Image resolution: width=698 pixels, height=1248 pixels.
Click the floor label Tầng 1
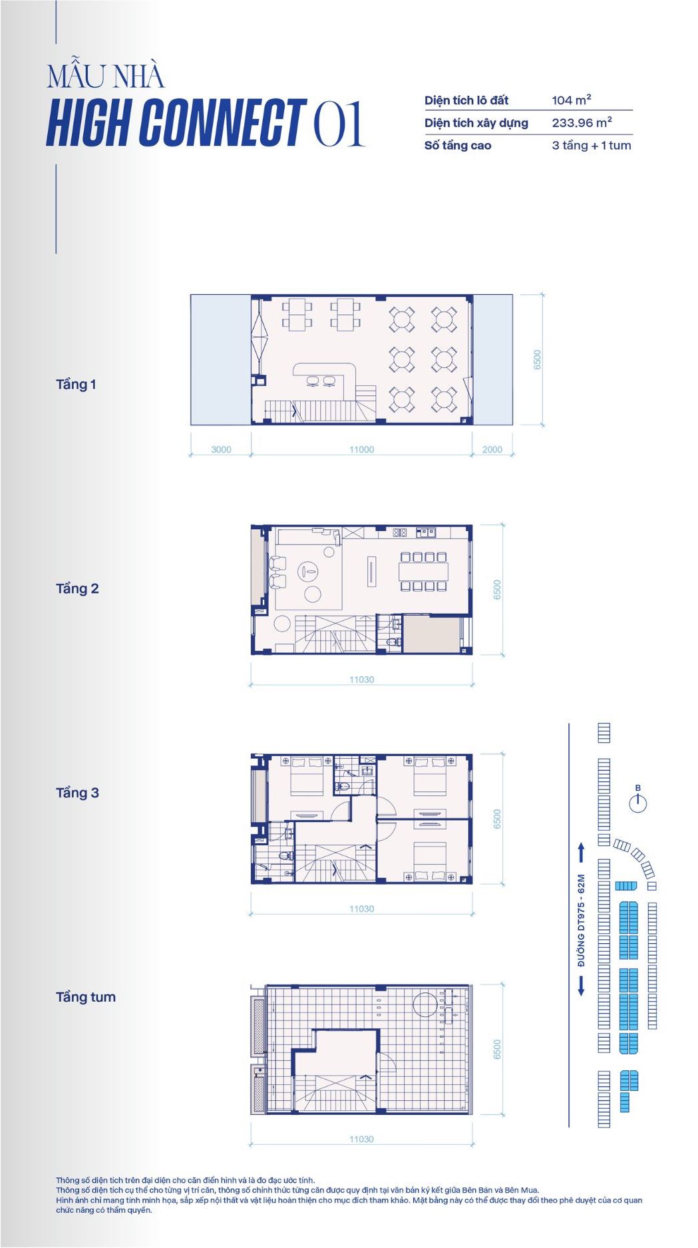(x=76, y=384)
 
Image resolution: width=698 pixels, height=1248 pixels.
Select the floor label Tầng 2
(x=77, y=588)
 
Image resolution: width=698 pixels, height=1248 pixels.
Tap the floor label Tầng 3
(x=77, y=793)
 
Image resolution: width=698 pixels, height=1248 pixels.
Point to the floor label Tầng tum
(x=86, y=997)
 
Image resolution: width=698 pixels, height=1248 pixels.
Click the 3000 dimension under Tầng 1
(x=221, y=449)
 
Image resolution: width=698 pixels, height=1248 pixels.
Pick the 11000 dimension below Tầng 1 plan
(x=361, y=449)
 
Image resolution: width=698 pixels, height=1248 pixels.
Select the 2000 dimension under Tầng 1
(x=492, y=449)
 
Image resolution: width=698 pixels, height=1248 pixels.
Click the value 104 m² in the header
(x=572, y=100)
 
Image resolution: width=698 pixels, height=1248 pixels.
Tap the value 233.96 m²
(x=582, y=122)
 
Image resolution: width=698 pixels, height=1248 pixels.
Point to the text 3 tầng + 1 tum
(x=592, y=145)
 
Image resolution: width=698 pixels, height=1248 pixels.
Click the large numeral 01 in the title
(x=339, y=123)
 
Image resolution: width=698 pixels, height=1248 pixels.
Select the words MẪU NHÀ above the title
(x=105, y=77)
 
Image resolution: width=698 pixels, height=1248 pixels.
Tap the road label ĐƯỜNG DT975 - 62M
(x=581, y=920)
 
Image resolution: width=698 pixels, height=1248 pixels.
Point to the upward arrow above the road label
(x=581, y=853)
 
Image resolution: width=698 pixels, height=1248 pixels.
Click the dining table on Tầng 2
(x=424, y=571)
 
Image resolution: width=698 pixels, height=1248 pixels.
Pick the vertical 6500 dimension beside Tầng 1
(x=537, y=359)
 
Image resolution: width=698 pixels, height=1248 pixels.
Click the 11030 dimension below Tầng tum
(x=361, y=1139)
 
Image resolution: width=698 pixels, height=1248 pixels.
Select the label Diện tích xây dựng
(x=476, y=123)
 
